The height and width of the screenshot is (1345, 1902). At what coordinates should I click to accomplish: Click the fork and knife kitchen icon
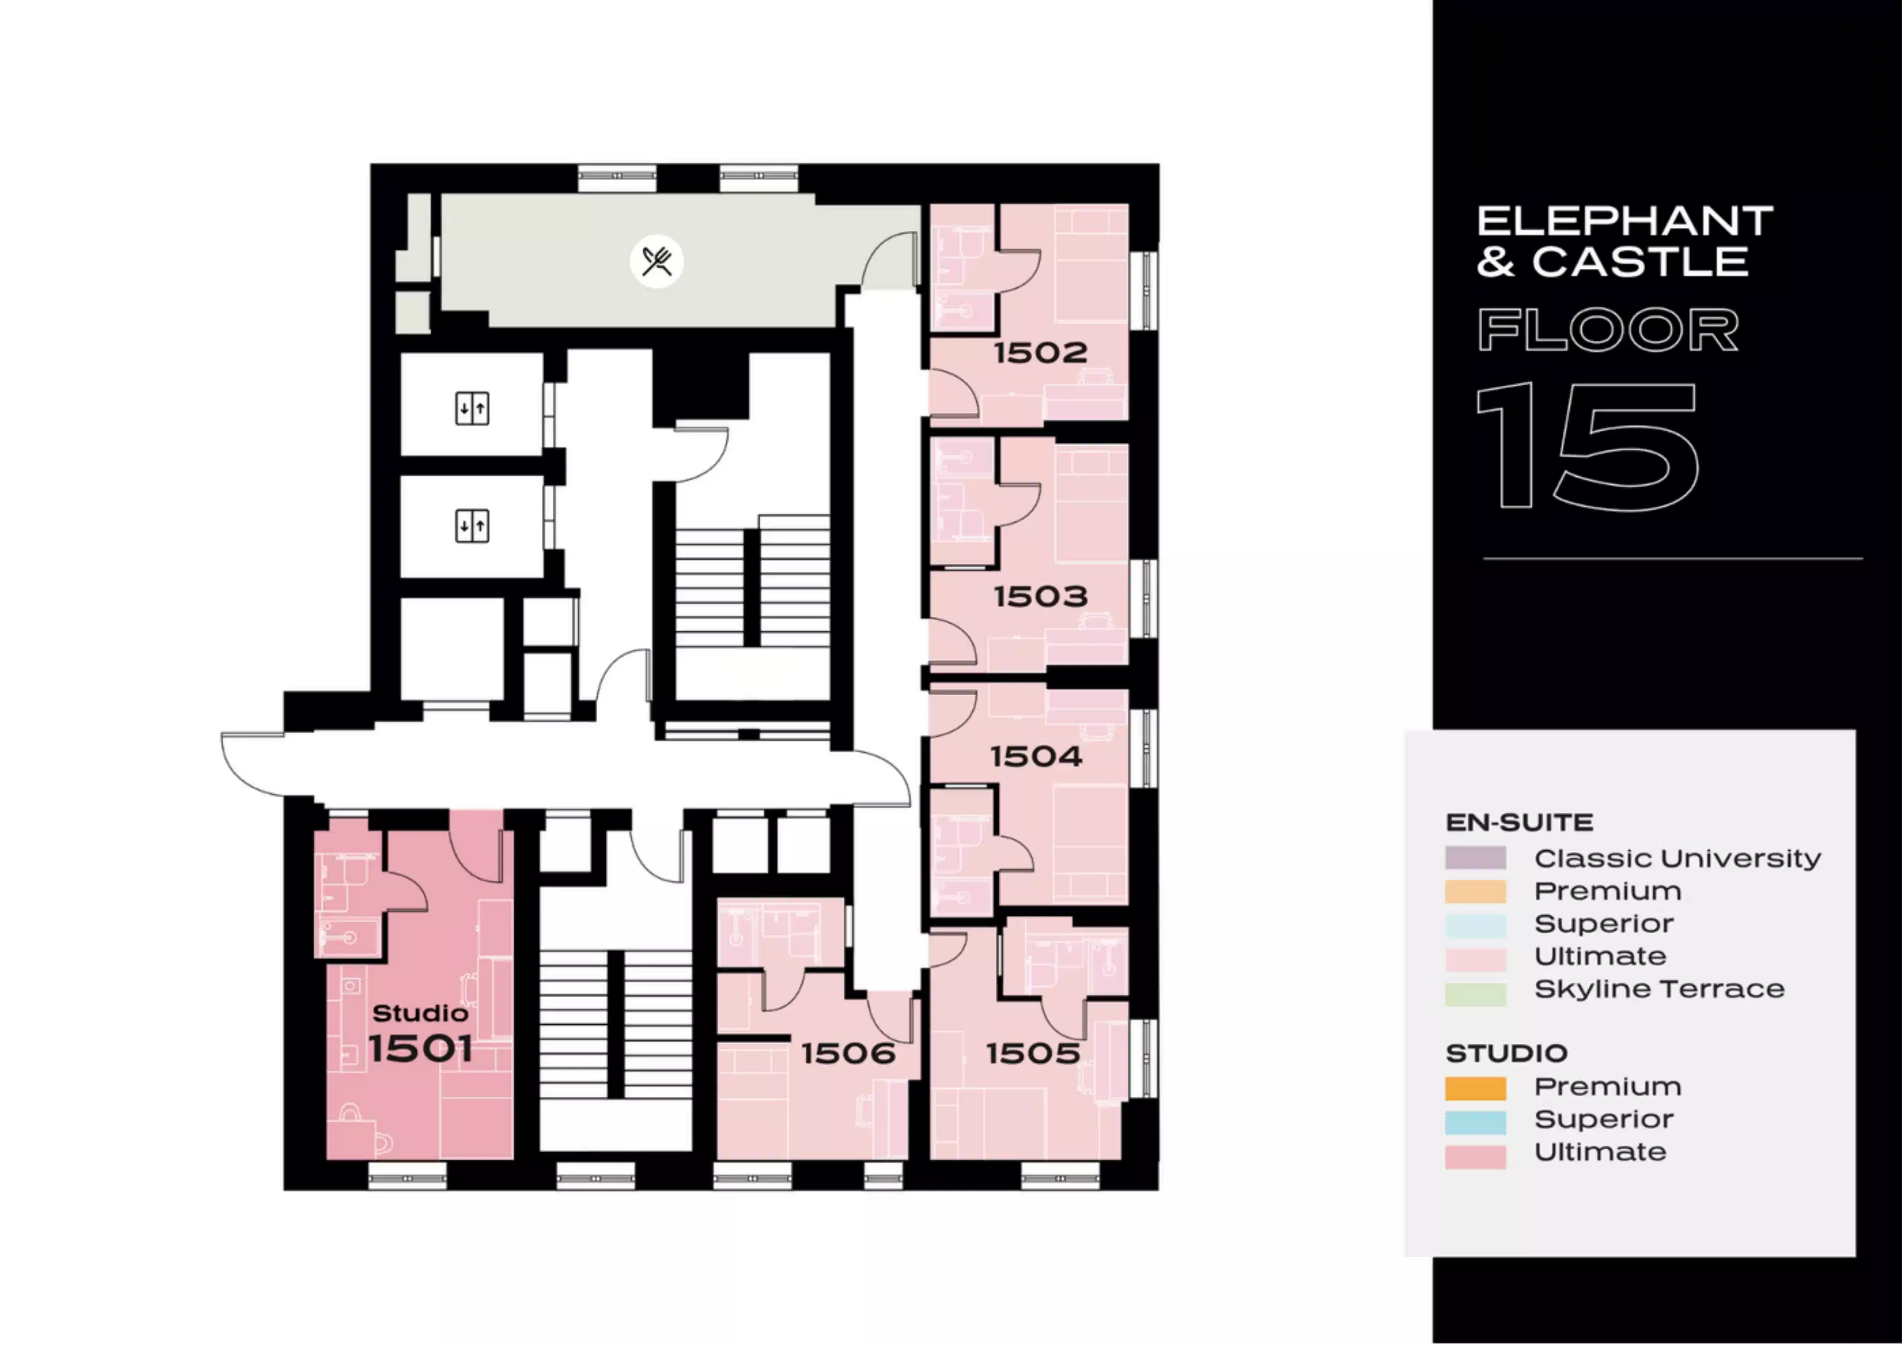[x=657, y=262]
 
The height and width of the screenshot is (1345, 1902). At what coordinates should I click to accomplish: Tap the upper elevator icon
[x=472, y=408]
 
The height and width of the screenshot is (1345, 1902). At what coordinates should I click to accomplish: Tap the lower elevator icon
[x=472, y=526]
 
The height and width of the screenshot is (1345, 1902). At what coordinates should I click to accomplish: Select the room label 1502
[x=1040, y=353]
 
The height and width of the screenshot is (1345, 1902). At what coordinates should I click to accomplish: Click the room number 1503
[x=1040, y=596]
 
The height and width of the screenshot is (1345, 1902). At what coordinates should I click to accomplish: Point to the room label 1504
[x=1036, y=756]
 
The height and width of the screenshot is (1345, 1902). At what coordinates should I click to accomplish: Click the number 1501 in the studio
[x=421, y=1049]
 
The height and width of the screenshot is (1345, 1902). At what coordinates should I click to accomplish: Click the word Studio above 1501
[x=421, y=1013]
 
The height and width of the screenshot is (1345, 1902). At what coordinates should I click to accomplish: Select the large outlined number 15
[x=1587, y=445]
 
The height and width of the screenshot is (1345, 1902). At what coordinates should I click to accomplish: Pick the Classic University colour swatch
[x=1476, y=858]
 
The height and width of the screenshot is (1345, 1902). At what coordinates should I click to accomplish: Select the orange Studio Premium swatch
[x=1476, y=1088]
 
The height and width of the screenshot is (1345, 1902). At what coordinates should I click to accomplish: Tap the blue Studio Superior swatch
[x=1476, y=1122]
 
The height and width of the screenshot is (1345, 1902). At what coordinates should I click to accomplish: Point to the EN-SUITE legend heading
[x=1519, y=823]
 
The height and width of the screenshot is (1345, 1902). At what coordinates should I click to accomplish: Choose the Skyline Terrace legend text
[x=1659, y=989]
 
